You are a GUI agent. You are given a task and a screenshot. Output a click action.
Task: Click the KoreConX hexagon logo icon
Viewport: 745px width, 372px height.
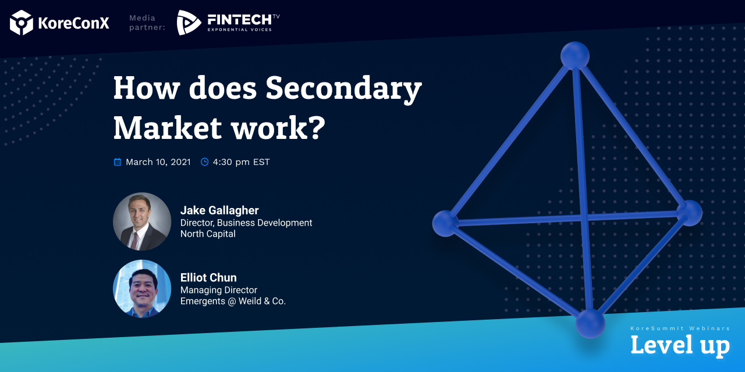(x=22, y=22)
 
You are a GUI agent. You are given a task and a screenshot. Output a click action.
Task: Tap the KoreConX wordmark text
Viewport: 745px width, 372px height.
(x=73, y=23)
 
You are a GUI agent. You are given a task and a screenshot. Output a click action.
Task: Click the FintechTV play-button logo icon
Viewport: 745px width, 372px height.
(x=189, y=22)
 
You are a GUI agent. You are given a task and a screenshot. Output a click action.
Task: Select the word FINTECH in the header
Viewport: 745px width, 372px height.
(x=239, y=20)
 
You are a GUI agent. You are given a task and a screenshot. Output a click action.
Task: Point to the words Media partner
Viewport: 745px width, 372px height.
(x=147, y=23)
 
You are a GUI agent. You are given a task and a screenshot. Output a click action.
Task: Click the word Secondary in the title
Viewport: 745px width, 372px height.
(x=343, y=88)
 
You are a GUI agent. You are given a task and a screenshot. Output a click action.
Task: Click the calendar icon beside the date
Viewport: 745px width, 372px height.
(x=118, y=162)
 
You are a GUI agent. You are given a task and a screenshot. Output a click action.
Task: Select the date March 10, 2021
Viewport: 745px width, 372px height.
(x=158, y=162)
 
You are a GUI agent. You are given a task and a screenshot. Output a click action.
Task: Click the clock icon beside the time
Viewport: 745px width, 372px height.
(x=204, y=162)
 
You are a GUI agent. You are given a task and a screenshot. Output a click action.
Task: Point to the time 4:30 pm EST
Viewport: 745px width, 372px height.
(x=241, y=162)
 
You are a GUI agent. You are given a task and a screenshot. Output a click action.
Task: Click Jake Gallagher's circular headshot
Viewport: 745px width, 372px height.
(x=142, y=221)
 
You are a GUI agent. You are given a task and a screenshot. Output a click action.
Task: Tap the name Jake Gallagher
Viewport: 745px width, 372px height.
(x=219, y=210)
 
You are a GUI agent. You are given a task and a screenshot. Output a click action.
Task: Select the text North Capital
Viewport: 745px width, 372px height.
(x=208, y=234)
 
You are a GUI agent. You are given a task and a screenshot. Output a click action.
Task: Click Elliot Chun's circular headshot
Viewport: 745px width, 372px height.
(x=142, y=289)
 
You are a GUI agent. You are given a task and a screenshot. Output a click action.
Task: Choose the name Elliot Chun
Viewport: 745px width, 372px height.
(x=208, y=278)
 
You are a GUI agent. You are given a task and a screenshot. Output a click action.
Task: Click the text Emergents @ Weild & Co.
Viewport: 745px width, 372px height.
(x=233, y=301)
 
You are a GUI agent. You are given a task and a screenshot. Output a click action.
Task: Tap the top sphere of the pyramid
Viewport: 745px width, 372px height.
(x=574, y=56)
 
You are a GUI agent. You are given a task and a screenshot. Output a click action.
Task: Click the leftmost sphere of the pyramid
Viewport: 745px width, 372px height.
(x=445, y=224)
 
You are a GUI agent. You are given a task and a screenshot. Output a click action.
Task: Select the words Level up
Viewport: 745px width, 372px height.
(x=680, y=345)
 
